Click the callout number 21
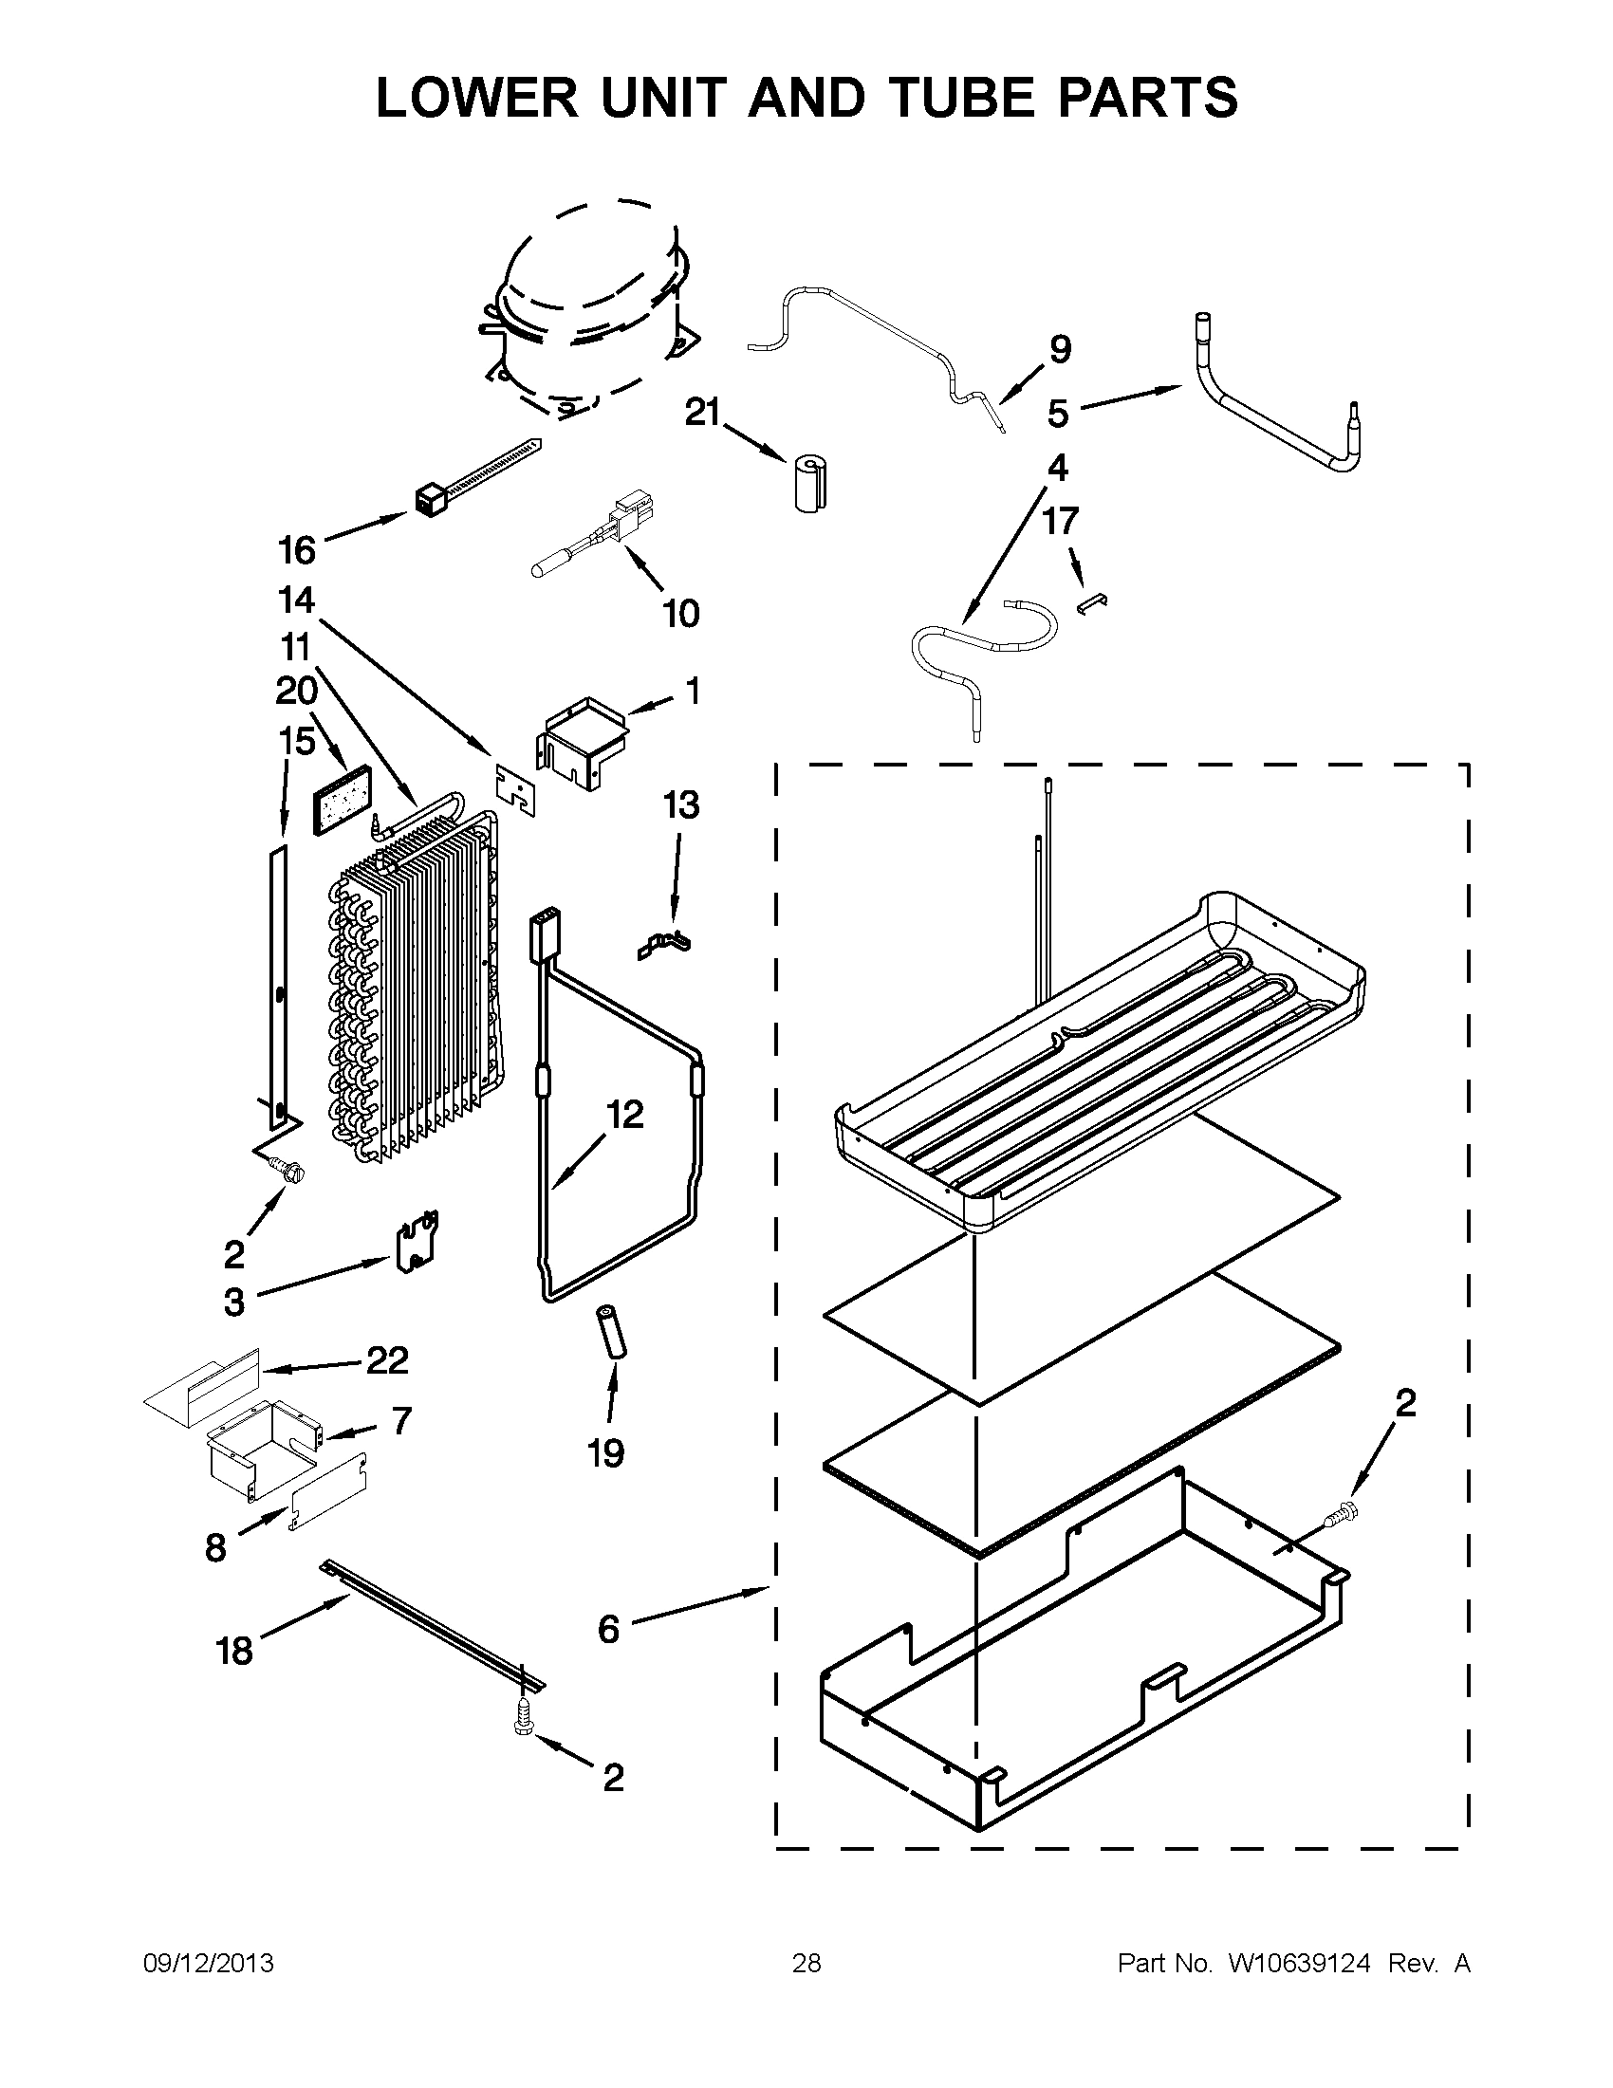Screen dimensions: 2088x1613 tap(703, 412)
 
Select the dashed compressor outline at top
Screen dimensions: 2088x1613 tap(585, 305)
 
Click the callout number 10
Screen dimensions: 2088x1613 tap(680, 613)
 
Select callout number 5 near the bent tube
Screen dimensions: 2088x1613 tap(1058, 414)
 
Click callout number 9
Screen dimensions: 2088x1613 tap(1061, 349)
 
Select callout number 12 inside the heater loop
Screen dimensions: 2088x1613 tap(625, 1115)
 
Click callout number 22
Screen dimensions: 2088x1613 tap(387, 1359)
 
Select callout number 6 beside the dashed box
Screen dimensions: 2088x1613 tap(609, 1628)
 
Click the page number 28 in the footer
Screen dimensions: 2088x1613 tap(806, 1963)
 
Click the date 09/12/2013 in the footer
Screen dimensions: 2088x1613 tap(209, 1963)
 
